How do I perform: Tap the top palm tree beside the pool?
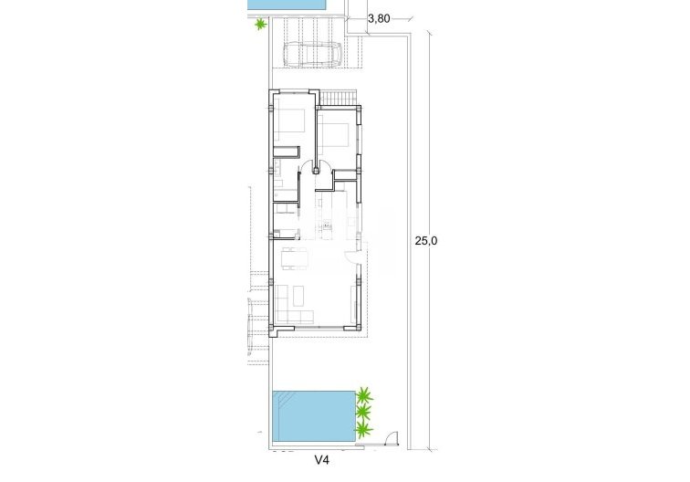click(x=365, y=395)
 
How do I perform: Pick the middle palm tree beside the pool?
click(x=364, y=413)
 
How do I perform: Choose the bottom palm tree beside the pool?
click(x=364, y=429)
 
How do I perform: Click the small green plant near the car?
click(x=261, y=25)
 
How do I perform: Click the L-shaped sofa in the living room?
click(x=294, y=305)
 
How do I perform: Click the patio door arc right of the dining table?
click(x=353, y=257)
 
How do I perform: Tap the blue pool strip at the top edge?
click(x=287, y=5)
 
